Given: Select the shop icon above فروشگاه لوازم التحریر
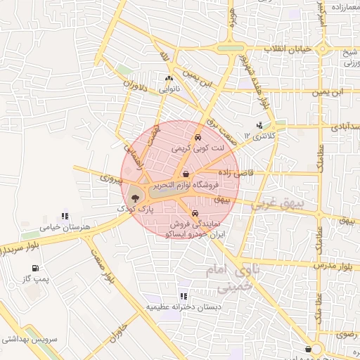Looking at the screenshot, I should [x=185, y=174].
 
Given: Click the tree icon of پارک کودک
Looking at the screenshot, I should [x=135, y=198].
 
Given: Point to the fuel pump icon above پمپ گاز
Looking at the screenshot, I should [x=35, y=268].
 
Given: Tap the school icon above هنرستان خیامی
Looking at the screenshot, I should [x=65, y=217].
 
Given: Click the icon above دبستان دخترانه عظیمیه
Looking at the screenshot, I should [x=183, y=296].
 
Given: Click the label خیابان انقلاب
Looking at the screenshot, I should [x=286, y=49].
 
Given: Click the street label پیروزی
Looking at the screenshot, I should [x=110, y=178].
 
